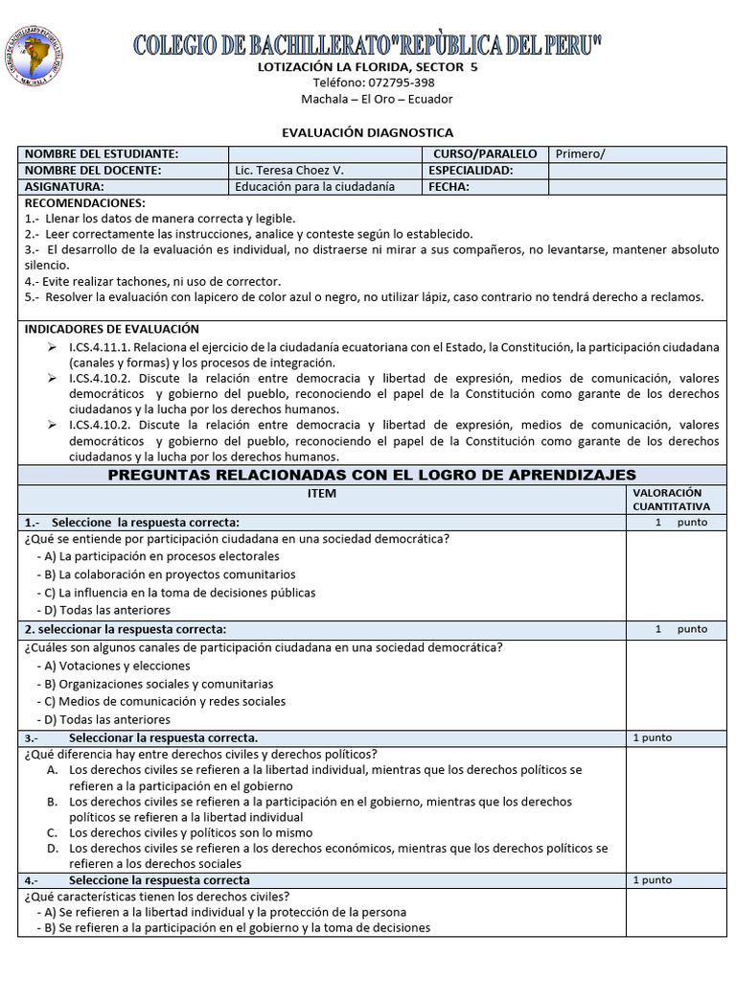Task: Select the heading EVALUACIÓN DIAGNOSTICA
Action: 367,132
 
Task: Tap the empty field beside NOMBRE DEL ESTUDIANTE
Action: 324,154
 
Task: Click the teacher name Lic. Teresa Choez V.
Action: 288,171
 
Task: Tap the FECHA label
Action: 449,187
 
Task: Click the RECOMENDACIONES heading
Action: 84,203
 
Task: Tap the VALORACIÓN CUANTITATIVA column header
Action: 671,499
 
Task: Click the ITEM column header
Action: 321,493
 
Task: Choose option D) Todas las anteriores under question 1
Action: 103,610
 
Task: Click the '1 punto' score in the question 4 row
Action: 653,879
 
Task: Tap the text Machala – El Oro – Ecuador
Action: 377,99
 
